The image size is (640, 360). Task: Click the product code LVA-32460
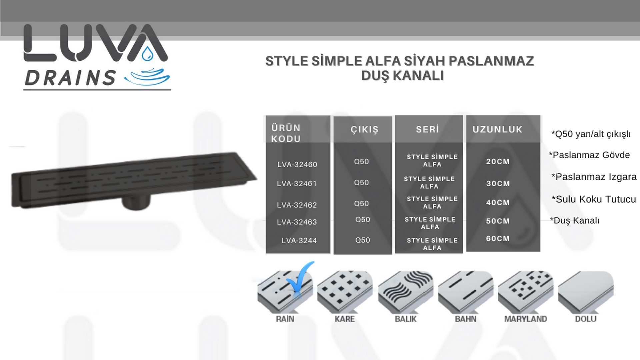(x=297, y=164)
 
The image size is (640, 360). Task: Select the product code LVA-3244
(x=299, y=240)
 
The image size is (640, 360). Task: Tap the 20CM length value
(x=498, y=161)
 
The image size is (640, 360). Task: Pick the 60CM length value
(x=498, y=238)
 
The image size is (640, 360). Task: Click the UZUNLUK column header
(x=497, y=129)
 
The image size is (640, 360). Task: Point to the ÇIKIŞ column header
(x=364, y=129)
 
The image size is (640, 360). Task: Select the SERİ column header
(x=427, y=129)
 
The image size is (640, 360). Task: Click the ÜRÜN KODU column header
(x=286, y=133)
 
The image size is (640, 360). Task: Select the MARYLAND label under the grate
(x=525, y=319)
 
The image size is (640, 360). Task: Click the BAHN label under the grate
(x=465, y=319)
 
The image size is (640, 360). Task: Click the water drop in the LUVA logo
(x=147, y=54)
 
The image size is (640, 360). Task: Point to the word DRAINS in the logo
(x=70, y=78)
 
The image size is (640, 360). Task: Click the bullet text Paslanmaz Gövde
(x=589, y=155)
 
